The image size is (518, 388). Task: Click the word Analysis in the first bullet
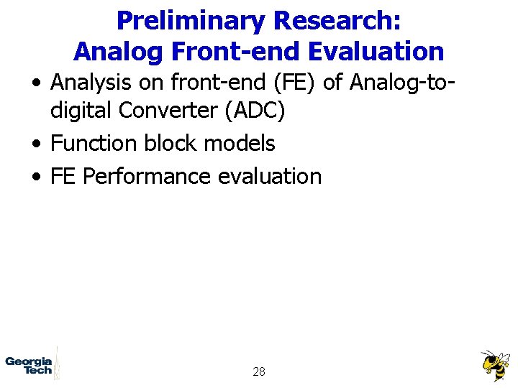(x=92, y=83)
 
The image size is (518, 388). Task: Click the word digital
(x=82, y=111)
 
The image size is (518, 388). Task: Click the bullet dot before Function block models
(x=35, y=144)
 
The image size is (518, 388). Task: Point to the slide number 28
(x=259, y=371)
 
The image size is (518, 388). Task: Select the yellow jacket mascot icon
(x=495, y=365)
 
